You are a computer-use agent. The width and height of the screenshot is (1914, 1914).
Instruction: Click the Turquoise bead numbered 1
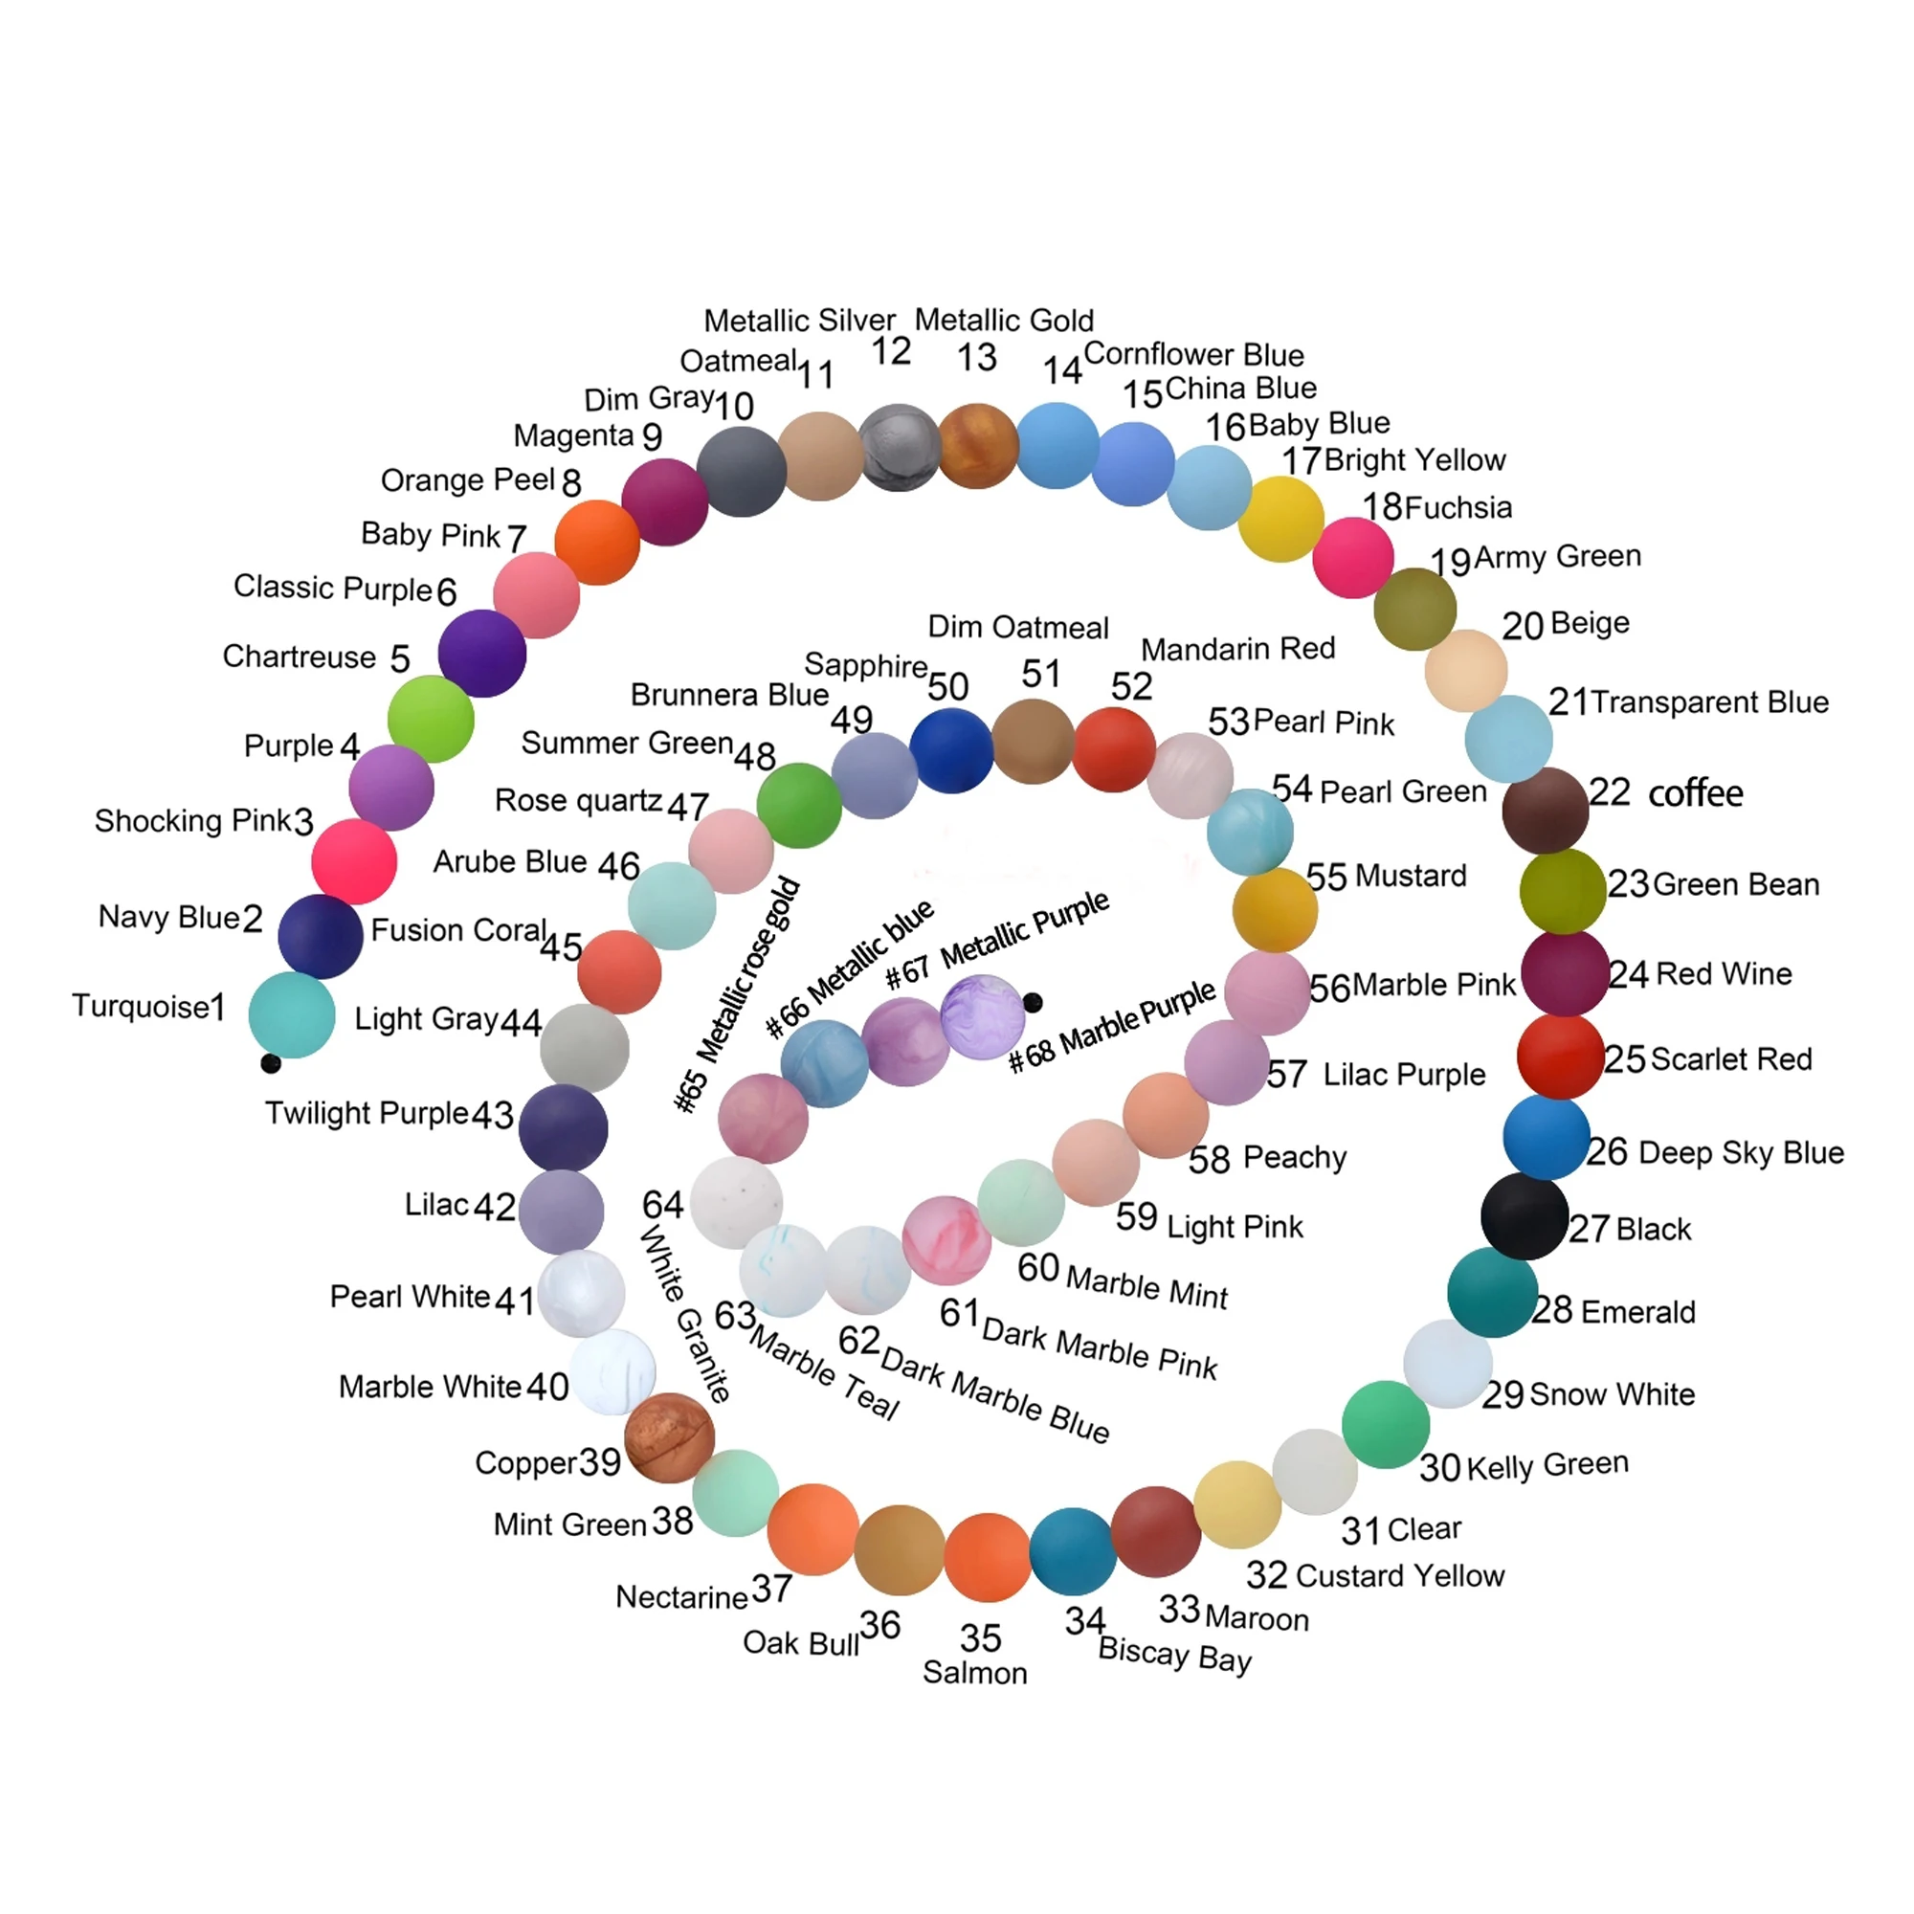tap(291, 1015)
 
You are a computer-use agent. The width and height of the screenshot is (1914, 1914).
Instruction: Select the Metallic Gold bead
tap(978, 446)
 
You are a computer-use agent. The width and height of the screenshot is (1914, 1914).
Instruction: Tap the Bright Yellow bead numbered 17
tap(1281, 518)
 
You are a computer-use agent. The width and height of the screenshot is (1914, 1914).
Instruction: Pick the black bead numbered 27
tap(1524, 1216)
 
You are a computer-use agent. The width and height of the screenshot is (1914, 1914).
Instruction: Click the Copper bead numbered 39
tap(670, 1437)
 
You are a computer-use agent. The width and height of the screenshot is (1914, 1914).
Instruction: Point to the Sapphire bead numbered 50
tap(951, 751)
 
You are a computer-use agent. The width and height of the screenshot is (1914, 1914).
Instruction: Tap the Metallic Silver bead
tap(899, 447)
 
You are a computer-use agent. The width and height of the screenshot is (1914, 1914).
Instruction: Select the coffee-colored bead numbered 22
tap(1545, 811)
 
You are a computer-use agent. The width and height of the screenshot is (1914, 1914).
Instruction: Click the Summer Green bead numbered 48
tap(798, 806)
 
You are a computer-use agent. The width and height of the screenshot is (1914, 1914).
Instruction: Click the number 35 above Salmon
tap(980, 1637)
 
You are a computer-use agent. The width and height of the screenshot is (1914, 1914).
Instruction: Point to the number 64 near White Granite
tap(663, 1205)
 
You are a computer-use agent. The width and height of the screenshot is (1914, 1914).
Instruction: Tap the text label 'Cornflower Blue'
tap(1193, 354)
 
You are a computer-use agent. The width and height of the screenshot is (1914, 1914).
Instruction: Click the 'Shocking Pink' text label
tap(193, 820)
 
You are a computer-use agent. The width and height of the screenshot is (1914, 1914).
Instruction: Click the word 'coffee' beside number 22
tap(1695, 792)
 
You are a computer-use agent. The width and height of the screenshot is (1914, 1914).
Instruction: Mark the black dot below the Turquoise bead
tap(271, 1064)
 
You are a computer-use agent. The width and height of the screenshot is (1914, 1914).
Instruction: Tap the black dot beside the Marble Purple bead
tap(1033, 1003)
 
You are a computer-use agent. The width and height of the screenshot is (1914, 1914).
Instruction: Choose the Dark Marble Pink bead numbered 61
tap(946, 1240)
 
